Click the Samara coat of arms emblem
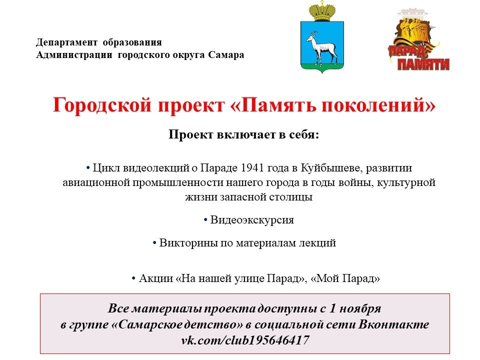(x=322, y=37)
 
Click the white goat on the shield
(x=321, y=47)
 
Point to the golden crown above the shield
(x=322, y=11)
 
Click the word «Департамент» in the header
(x=66, y=42)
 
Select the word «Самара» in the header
(x=226, y=55)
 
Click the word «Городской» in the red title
(x=102, y=104)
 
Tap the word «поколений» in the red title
(x=372, y=104)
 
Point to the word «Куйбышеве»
(x=331, y=168)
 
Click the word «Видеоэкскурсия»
(x=252, y=220)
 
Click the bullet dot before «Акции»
(x=133, y=278)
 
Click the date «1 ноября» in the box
(x=355, y=308)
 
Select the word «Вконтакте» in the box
(x=393, y=324)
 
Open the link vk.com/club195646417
(x=245, y=340)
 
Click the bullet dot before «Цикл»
(x=88, y=168)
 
